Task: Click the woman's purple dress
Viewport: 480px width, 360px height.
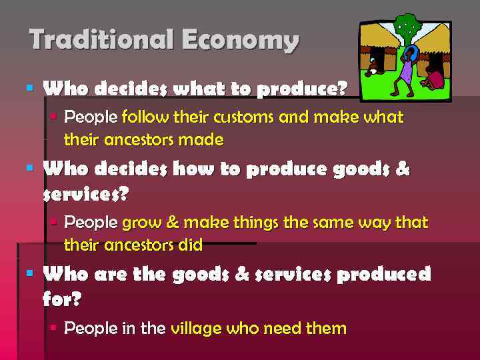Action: point(405,71)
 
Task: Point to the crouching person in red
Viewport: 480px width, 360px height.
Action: point(434,77)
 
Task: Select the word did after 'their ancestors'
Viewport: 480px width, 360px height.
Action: point(190,245)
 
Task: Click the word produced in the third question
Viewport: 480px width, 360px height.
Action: point(383,275)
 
